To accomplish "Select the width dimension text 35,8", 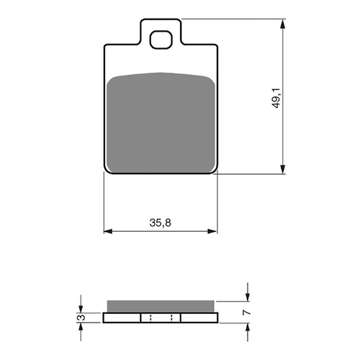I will tap(161, 222).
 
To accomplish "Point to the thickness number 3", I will tap(81, 318).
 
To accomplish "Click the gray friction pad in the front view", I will tap(161, 123).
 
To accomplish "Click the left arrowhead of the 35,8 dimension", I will tap(109, 232).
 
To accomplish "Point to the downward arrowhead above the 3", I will tap(81, 308).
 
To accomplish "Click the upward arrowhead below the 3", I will tap(81, 326).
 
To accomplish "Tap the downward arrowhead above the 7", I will tap(248, 297).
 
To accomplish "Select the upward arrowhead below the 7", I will tap(248, 326).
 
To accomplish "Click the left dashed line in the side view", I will tap(150, 318).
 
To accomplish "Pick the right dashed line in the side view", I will tap(171, 318).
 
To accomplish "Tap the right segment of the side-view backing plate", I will tap(199, 318).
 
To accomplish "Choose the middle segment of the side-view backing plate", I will tap(161, 318).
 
